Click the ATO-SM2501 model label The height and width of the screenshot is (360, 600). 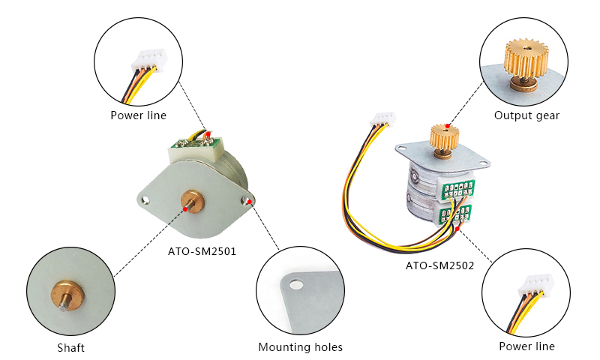coord(202,251)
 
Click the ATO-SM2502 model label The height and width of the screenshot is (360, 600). coord(439,265)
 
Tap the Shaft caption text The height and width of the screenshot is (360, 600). coord(70,348)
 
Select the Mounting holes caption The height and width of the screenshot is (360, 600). coord(300,347)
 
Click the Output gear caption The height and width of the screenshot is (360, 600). coord(526,115)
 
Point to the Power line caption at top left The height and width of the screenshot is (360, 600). coord(138,115)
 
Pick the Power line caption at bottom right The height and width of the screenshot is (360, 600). coord(526,346)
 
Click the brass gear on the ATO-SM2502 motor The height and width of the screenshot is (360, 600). coord(444,138)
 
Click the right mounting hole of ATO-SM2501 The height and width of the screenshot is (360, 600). coord(247,201)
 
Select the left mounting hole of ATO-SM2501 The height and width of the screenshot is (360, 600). coord(145,200)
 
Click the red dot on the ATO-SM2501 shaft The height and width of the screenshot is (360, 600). coord(186,211)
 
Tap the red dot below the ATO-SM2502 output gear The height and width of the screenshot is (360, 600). coord(448,125)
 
